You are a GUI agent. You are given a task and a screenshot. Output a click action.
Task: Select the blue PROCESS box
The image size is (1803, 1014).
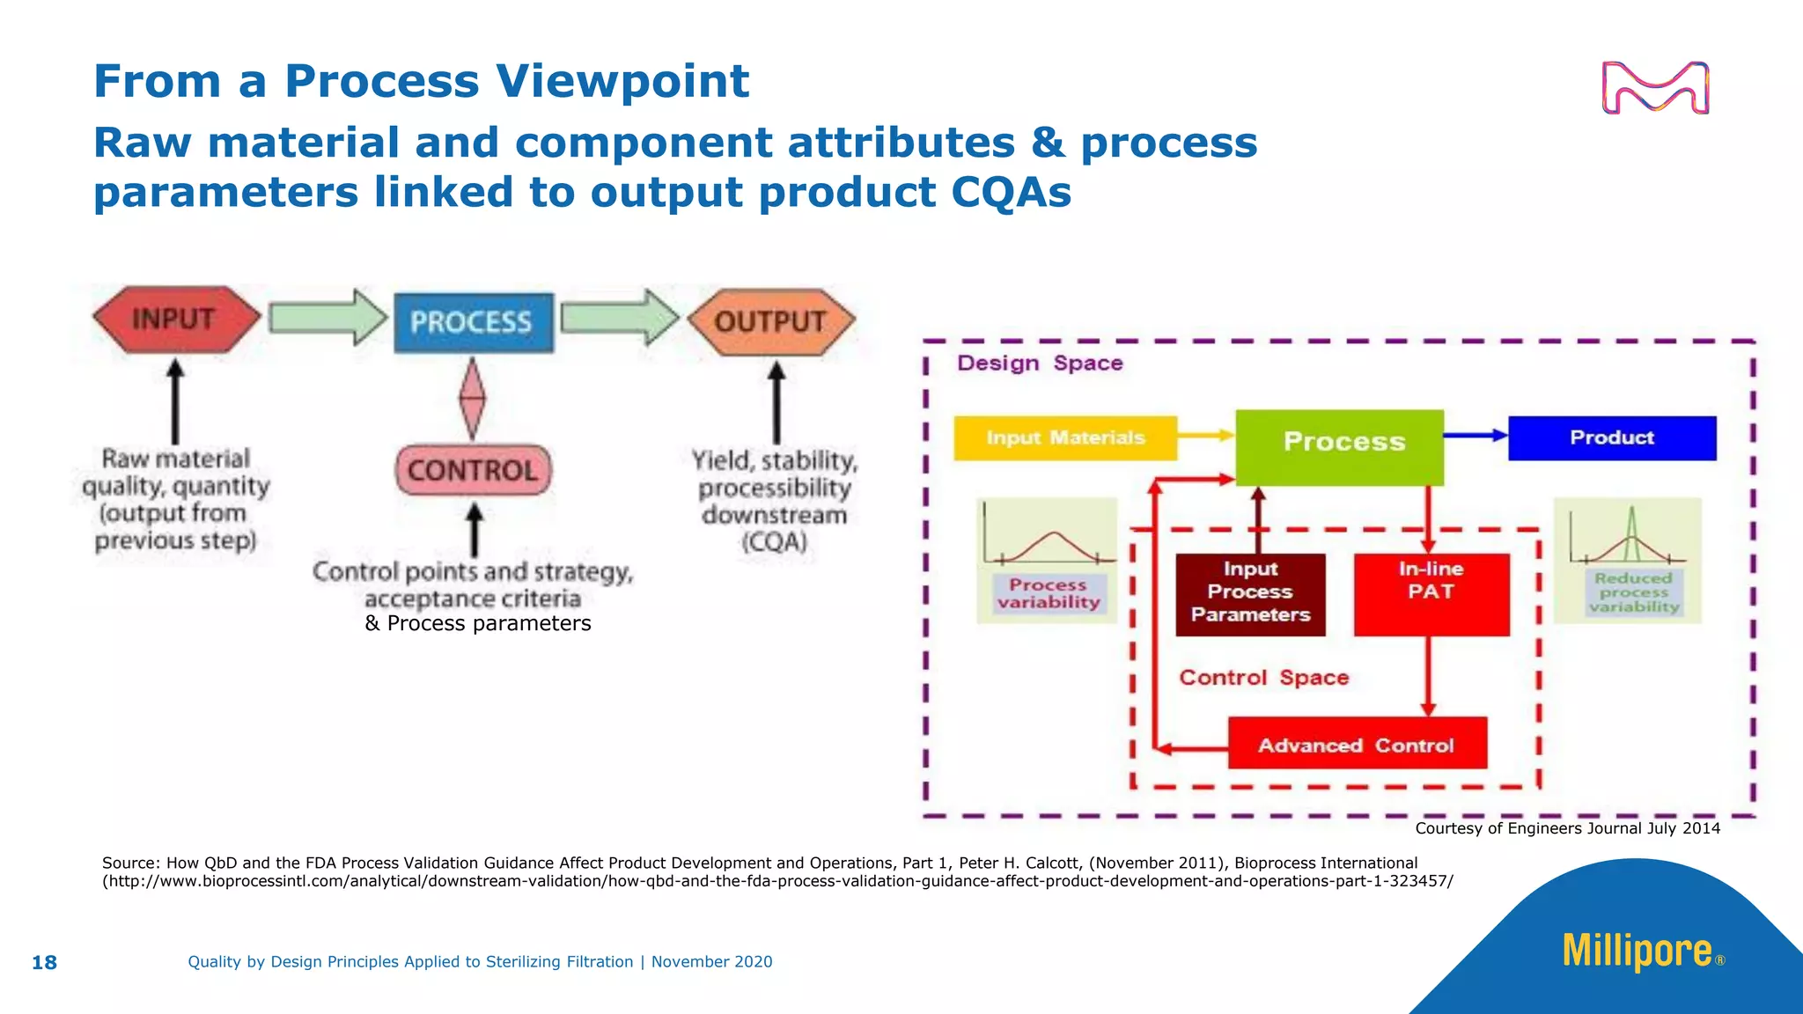tap(473, 322)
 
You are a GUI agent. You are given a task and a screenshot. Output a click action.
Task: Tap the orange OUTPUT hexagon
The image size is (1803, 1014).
tap(770, 321)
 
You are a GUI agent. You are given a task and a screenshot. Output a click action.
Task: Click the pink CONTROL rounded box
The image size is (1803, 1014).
tap(474, 470)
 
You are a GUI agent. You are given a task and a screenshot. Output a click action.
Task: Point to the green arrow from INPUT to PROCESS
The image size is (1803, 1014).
tap(327, 317)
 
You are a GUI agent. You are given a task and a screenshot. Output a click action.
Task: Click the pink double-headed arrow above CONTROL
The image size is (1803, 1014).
tap(473, 398)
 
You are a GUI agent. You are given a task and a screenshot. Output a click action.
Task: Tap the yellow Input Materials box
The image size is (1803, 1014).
tap(1064, 437)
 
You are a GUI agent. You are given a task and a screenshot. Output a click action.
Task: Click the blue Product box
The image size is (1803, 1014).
tap(1611, 437)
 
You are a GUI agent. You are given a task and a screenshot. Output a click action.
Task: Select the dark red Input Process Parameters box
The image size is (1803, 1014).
tap(1250, 593)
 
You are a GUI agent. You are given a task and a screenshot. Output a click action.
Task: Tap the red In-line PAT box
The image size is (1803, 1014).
tap(1431, 593)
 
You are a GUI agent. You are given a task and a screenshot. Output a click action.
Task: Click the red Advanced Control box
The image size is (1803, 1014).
tap(1357, 744)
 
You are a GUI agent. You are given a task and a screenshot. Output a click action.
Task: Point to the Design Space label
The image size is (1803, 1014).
tap(1040, 363)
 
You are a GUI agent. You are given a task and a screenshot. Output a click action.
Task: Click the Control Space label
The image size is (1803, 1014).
tap(1263, 677)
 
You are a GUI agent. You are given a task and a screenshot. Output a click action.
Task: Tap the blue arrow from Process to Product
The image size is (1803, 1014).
tap(1476, 435)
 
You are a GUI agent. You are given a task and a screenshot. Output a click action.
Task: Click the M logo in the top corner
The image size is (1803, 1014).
tap(1655, 88)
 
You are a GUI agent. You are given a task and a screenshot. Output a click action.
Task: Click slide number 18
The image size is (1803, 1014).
tap(44, 962)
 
